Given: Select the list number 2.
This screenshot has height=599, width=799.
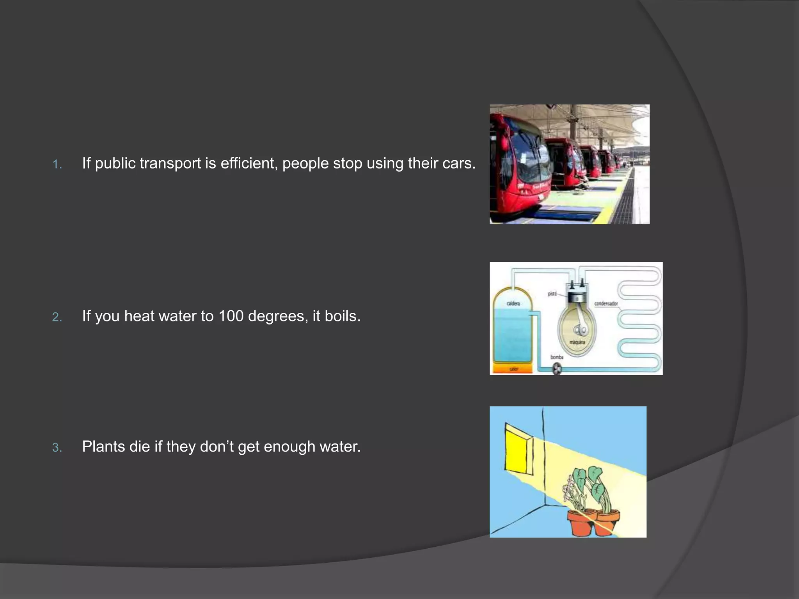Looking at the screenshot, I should [x=57, y=317].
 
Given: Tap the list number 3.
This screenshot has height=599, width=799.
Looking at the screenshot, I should [x=57, y=448].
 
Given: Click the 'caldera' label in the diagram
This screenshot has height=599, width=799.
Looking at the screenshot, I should [x=513, y=303].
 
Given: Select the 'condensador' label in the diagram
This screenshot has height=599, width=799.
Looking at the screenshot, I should [x=606, y=303].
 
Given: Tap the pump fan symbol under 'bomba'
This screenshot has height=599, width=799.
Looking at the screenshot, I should [x=557, y=369].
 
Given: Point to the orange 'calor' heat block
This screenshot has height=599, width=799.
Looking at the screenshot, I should [x=513, y=369].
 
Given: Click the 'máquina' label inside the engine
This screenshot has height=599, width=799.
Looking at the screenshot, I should [x=577, y=342].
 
